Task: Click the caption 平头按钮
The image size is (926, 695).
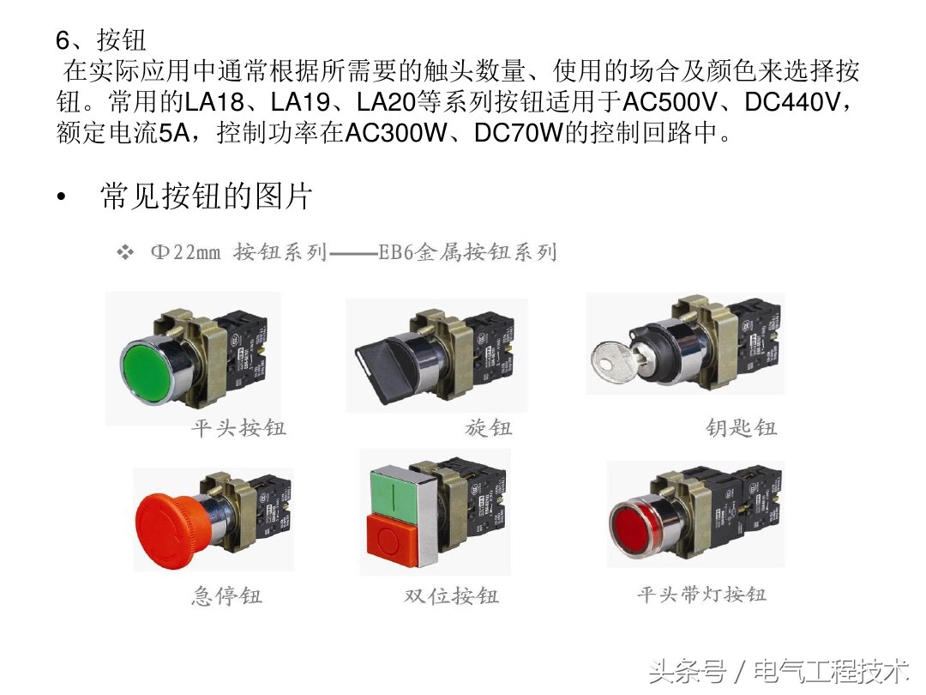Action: (238, 427)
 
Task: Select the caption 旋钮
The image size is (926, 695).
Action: (489, 427)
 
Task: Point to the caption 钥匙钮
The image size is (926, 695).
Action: (741, 427)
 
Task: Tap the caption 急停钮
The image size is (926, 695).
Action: (226, 595)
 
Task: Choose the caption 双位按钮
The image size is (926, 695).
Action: (451, 595)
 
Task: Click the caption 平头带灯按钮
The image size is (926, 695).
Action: (701, 594)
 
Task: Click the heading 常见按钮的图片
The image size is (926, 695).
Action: (206, 196)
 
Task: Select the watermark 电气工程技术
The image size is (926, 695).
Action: (831, 670)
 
